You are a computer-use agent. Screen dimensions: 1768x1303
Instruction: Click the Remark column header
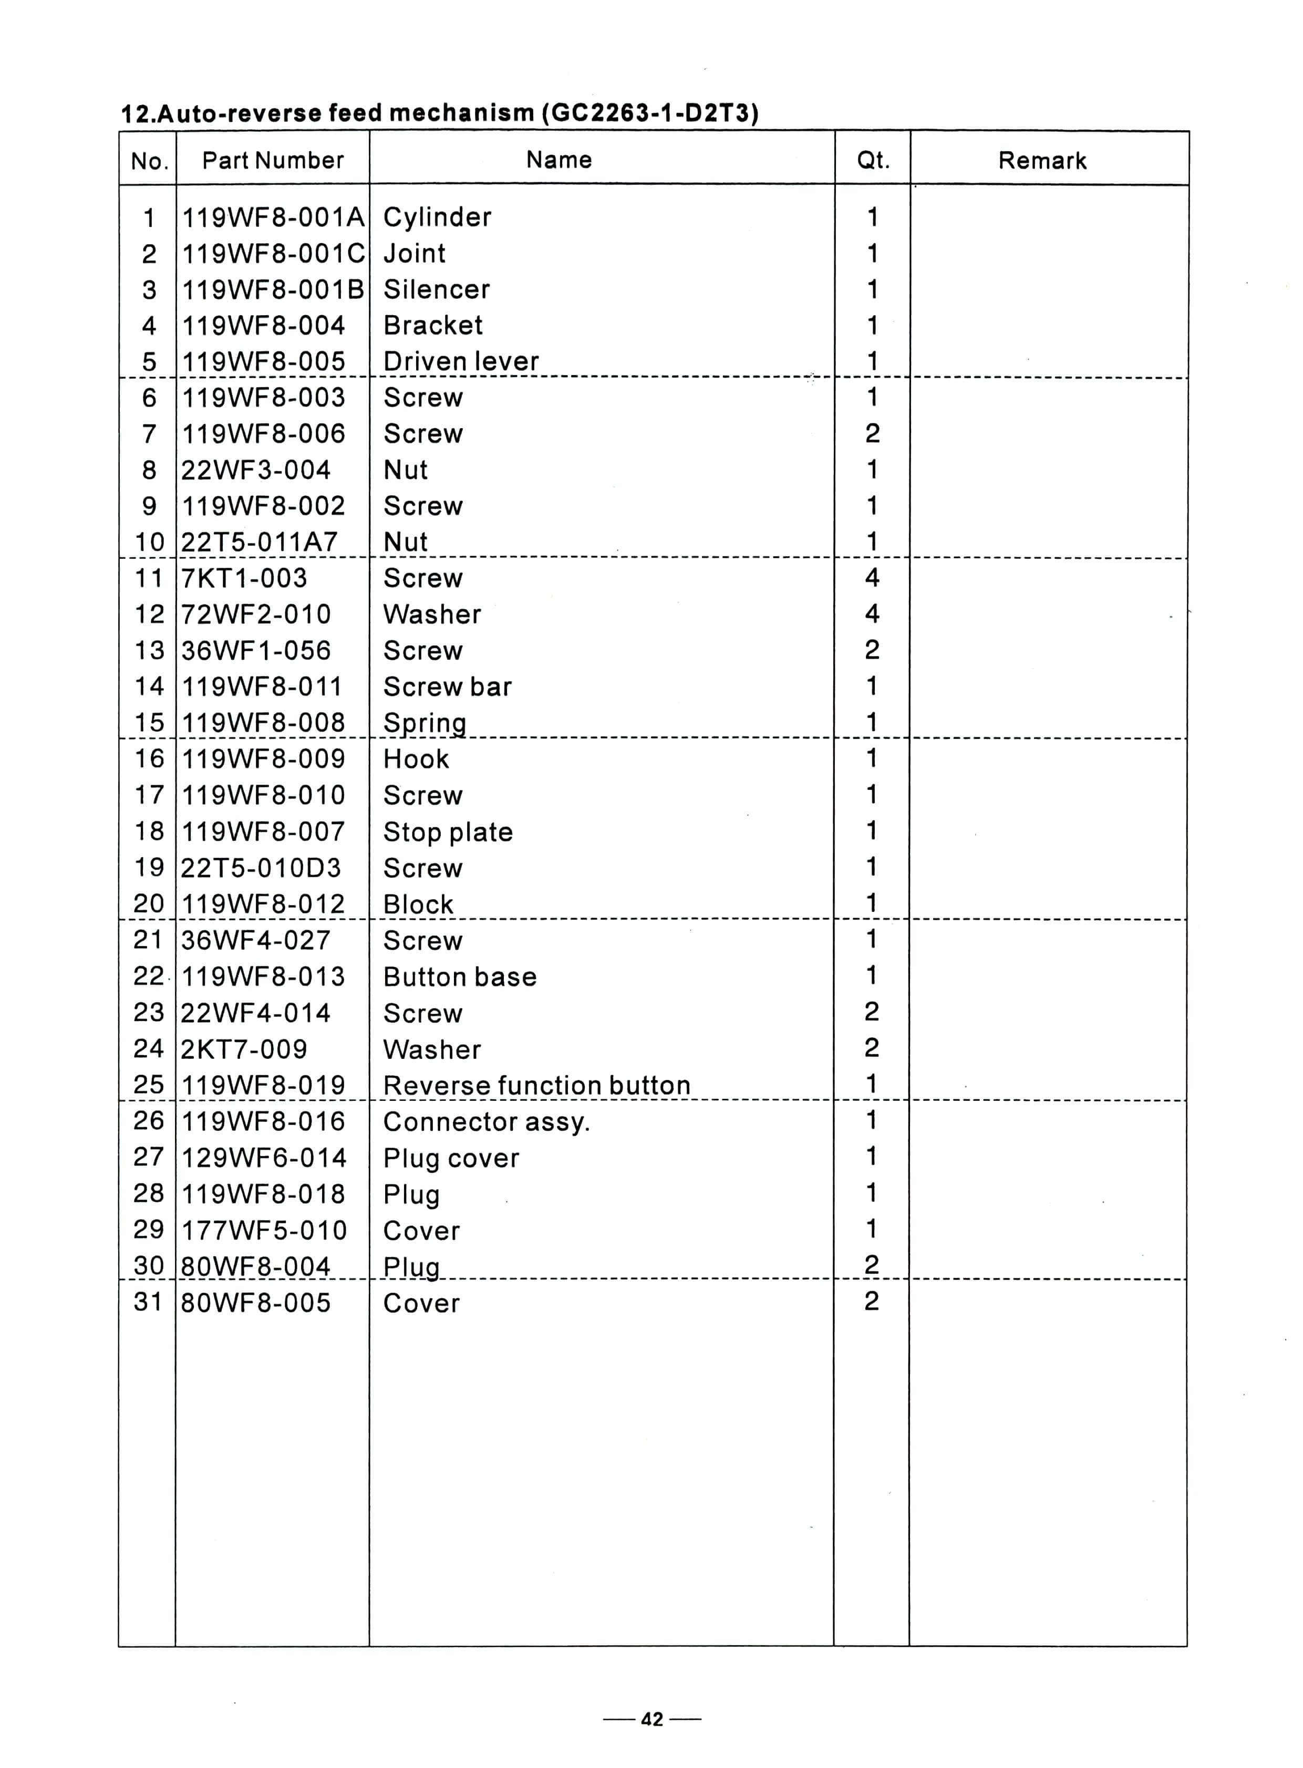coord(1041,161)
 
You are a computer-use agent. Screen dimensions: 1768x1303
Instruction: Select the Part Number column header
coord(273,161)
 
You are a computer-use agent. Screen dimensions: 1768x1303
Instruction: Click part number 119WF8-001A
coord(273,217)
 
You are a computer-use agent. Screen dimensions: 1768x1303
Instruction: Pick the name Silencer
coord(436,290)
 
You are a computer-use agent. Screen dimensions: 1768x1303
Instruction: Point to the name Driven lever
coord(461,362)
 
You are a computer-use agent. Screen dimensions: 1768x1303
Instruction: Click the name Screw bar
coord(447,688)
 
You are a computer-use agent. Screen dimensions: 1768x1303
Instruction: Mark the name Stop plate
coord(448,833)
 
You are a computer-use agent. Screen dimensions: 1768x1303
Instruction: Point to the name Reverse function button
coord(536,1086)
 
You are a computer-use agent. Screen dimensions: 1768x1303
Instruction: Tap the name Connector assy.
coord(486,1122)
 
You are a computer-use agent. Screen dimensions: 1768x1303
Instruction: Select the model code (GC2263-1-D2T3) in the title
coord(650,113)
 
